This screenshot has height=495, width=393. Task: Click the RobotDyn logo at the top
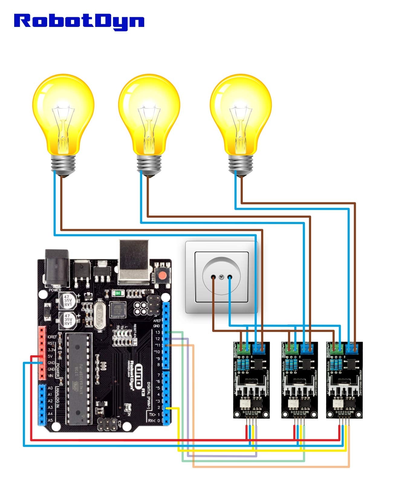point(79,21)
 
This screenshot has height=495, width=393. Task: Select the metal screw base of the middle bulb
point(149,165)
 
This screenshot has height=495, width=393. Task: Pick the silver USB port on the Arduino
point(133,262)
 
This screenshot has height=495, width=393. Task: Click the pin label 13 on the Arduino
point(158,332)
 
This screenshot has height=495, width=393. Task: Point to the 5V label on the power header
point(51,356)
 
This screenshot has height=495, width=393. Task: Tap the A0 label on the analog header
point(50,388)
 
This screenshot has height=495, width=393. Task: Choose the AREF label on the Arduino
point(157,320)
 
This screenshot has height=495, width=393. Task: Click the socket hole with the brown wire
point(213,277)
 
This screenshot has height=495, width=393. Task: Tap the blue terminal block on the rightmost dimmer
point(352,349)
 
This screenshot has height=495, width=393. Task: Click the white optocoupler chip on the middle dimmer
point(292,403)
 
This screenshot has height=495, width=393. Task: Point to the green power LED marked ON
point(117,293)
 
